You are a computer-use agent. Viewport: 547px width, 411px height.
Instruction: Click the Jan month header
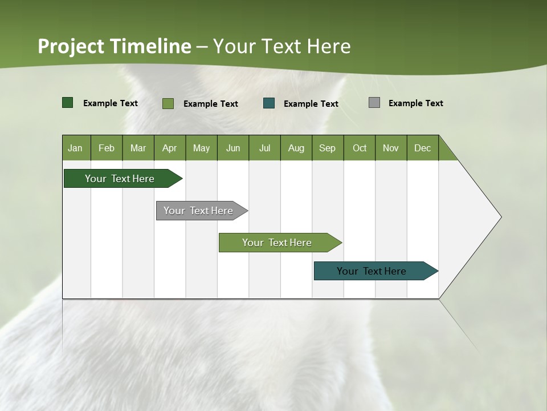point(75,148)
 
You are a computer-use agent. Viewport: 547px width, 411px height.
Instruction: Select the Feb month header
point(107,148)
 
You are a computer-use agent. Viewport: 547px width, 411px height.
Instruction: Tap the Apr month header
point(169,148)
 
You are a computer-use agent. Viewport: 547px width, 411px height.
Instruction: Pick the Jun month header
point(233,148)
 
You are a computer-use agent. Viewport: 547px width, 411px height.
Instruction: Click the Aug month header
point(296,148)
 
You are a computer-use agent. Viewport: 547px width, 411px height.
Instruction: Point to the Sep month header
point(327,148)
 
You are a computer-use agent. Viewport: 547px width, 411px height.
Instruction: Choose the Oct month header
point(360,148)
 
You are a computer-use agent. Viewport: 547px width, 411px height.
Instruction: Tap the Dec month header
point(422,148)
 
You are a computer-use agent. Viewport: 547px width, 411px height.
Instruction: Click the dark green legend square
point(68,103)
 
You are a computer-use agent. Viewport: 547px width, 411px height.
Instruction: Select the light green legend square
point(168,103)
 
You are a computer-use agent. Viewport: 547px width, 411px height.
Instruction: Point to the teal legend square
point(269,103)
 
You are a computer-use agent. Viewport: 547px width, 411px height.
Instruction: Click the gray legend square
point(374,103)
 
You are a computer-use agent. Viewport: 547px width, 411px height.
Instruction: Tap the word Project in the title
point(71,46)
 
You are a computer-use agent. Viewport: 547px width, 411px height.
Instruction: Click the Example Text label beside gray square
point(415,103)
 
